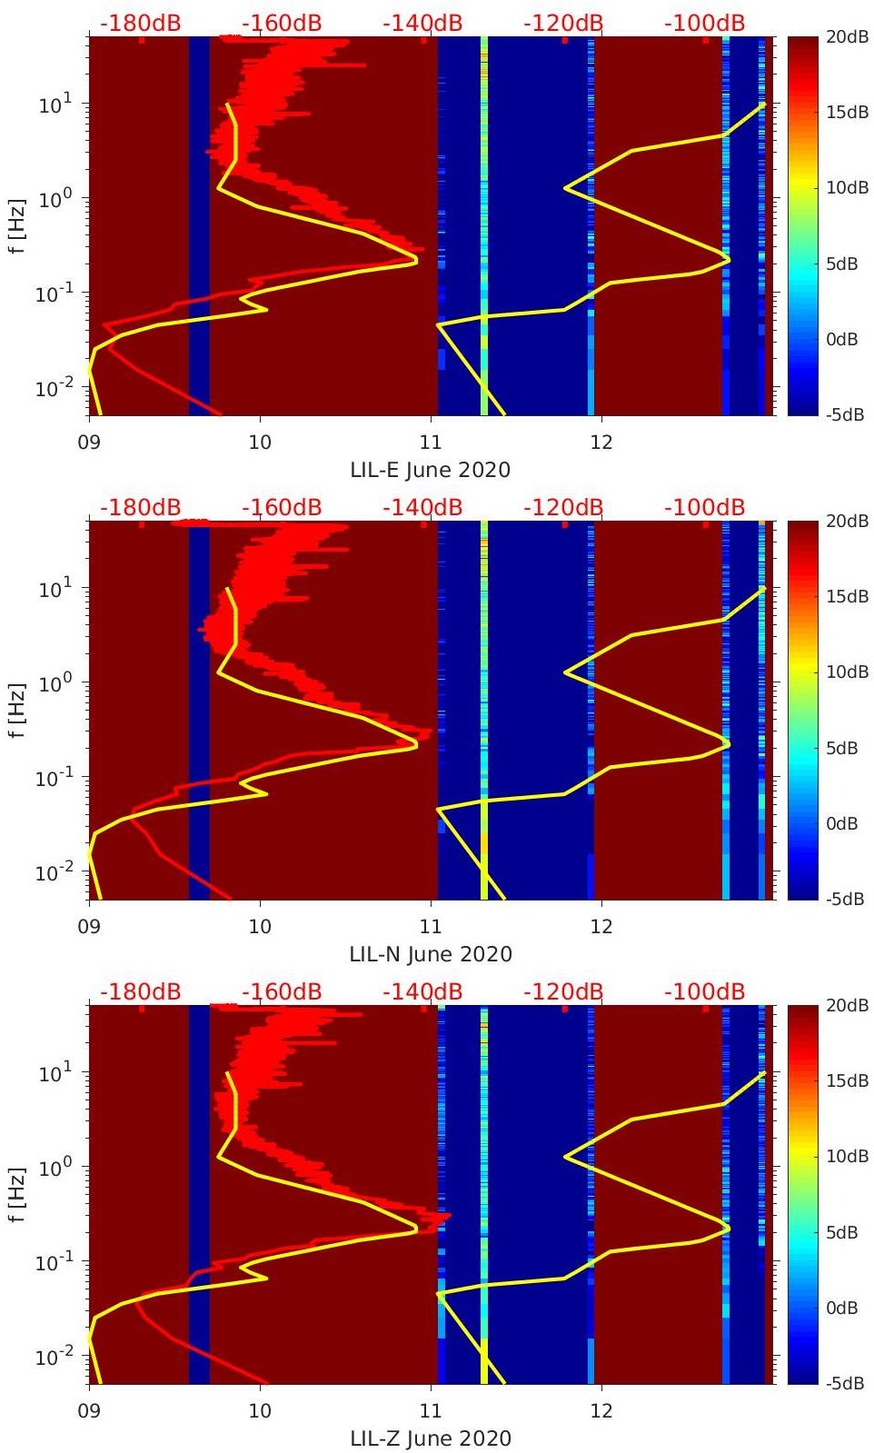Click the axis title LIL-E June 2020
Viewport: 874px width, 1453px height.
click(430, 470)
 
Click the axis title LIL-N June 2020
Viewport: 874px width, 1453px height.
click(431, 954)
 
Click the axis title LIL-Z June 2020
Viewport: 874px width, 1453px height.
click(431, 1438)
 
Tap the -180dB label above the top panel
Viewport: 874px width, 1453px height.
click(140, 23)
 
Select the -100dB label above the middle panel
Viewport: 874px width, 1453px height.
click(704, 507)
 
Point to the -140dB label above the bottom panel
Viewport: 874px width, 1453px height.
click(422, 991)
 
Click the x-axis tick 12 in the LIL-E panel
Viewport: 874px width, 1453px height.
click(601, 443)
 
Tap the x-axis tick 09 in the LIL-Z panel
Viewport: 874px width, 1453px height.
click(89, 1411)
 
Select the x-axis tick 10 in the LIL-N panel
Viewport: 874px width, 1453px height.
click(260, 927)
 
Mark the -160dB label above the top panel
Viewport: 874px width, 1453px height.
click(282, 23)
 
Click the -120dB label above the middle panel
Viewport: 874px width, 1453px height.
click(563, 507)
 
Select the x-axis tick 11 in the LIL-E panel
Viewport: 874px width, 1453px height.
click(430, 443)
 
